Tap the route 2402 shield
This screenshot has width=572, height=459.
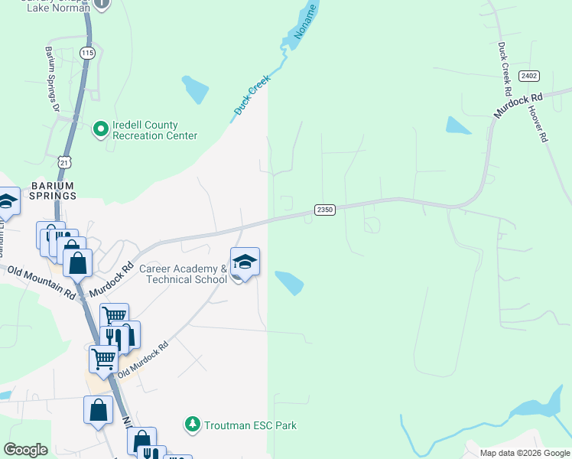pyautogui.click(x=528, y=75)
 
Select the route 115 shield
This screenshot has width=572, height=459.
pyautogui.click(x=86, y=53)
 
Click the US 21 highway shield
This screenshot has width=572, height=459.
pyautogui.click(x=65, y=163)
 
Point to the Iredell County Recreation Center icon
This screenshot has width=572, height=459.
pyautogui.click(x=100, y=129)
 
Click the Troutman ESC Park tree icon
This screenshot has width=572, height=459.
pyautogui.click(x=193, y=424)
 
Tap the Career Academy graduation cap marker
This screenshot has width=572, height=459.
pyautogui.click(x=245, y=262)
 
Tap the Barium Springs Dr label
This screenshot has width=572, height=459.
pyautogui.click(x=52, y=79)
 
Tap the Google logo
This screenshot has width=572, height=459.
pyautogui.click(x=25, y=450)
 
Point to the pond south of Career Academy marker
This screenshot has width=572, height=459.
pyautogui.click(x=290, y=283)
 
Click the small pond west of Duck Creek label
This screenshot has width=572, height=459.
pyautogui.click(x=195, y=89)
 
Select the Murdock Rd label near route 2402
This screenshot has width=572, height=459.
pyautogui.click(x=518, y=105)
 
